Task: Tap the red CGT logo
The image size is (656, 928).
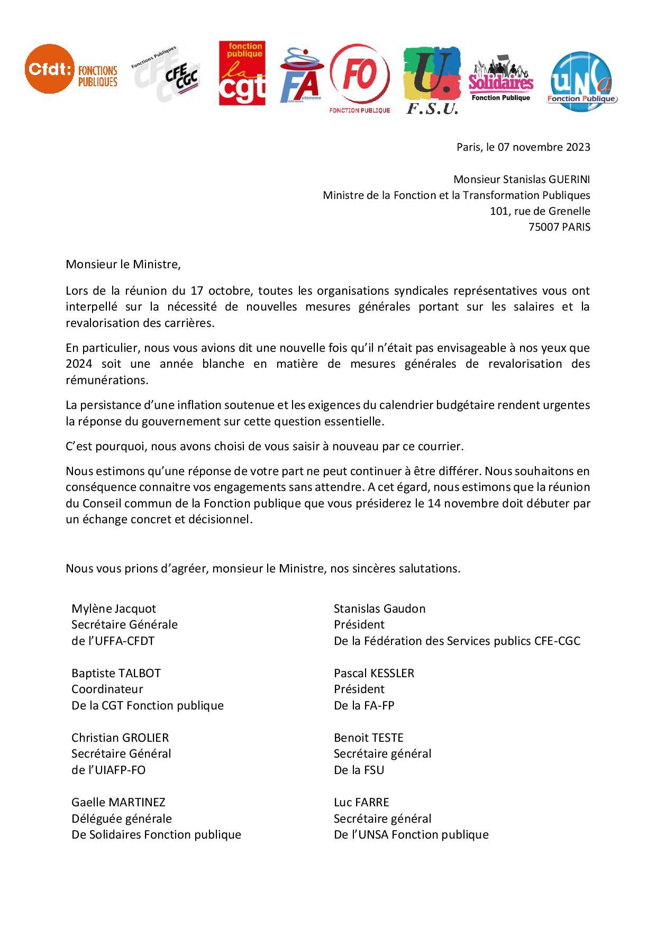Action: (242, 74)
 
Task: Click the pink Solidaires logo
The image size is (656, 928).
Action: (500, 79)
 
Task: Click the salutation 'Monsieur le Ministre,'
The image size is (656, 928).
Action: (123, 264)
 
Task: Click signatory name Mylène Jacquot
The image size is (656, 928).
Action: (114, 608)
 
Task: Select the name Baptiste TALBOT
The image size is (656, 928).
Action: (116, 673)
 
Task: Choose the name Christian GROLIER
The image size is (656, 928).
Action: (120, 738)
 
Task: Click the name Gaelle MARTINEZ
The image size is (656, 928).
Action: (119, 802)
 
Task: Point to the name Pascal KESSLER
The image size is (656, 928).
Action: (374, 673)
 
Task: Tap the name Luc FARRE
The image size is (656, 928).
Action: (361, 802)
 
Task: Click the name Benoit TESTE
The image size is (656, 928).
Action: (369, 738)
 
